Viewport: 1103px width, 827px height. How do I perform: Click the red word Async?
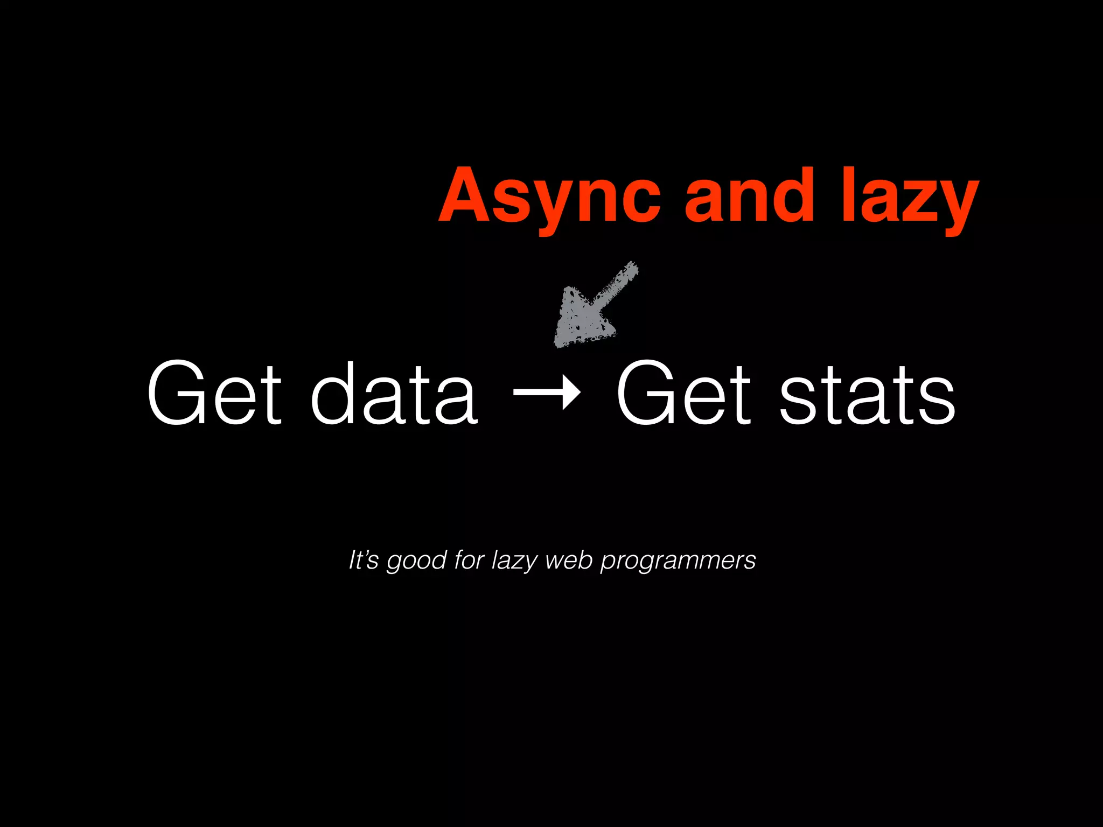click(x=549, y=197)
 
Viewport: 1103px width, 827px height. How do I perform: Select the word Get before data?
click(x=214, y=393)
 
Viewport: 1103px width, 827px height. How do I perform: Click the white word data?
click(x=394, y=393)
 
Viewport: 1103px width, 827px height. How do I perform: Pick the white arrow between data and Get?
click(x=547, y=394)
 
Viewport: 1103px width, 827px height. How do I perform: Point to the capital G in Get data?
click(x=179, y=393)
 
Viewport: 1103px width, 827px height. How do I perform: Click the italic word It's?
click(x=364, y=560)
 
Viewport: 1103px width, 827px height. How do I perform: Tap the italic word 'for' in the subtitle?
click(x=469, y=560)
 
